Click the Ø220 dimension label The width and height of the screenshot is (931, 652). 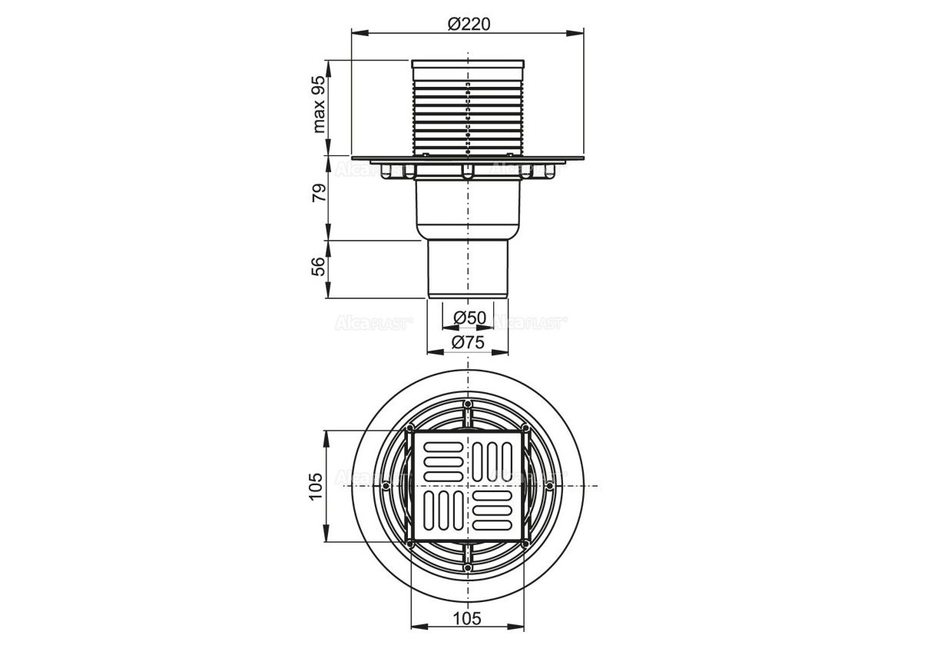pos(469,25)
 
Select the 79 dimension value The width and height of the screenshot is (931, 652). pos(319,193)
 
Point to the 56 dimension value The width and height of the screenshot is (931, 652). pos(319,266)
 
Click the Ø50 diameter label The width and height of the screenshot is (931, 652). pos(469,318)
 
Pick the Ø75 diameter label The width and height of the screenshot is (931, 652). pos(468,342)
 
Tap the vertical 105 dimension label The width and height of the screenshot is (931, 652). pos(316,486)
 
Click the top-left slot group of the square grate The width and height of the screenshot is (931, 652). pos(443,462)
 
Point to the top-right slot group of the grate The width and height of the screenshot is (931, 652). pos(492,462)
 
